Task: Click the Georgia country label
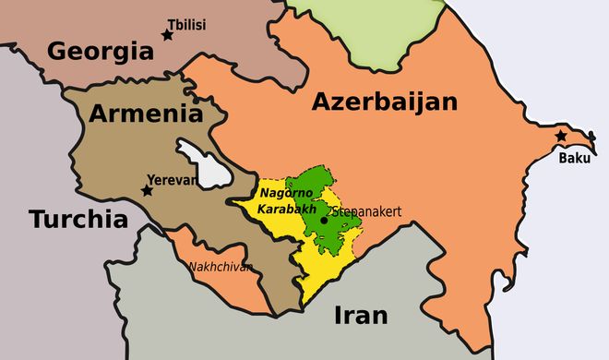(x=99, y=50)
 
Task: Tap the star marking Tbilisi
(x=167, y=35)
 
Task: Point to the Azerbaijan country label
(x=384, y=102)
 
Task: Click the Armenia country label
(x=146, y=114)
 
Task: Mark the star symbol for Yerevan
(x=147, y=190)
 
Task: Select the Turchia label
(x=77, y=220)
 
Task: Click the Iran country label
(x=361, y=315)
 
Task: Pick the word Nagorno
(x=286, y=192)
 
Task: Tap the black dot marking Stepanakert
(x=324, y=220)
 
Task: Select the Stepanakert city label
(x=366, y=211)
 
